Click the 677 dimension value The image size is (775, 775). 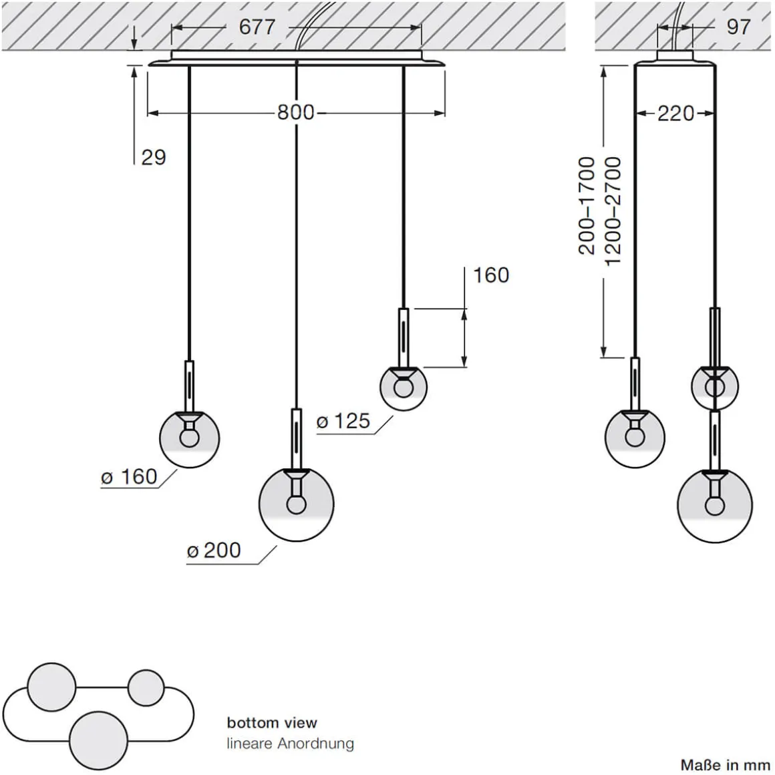coord(257,27)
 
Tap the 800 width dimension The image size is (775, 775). coord(296,112)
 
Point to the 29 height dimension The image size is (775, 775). coord(153,158)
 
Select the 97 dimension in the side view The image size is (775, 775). coord(738,27)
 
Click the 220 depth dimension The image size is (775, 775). coord(675,114)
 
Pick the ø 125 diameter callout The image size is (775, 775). coord(343,421)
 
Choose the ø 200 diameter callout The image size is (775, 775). coord(214,551)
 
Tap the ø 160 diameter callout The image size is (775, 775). coord(129,477)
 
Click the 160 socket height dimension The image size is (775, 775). coord(491,275)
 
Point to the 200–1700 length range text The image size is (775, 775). coord(586,206)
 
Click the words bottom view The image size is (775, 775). coord(272,722)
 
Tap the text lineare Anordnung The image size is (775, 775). coord(290,743)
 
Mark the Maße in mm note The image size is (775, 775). coord(725,764)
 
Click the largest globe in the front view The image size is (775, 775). coord(296,504)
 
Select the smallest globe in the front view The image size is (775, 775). coord(404,387)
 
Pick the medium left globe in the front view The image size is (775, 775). coord(190,438)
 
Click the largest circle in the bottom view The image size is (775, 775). coord(99,737)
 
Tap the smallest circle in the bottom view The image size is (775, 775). coord(146,687)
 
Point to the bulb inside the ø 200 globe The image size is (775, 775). coord(296,502)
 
